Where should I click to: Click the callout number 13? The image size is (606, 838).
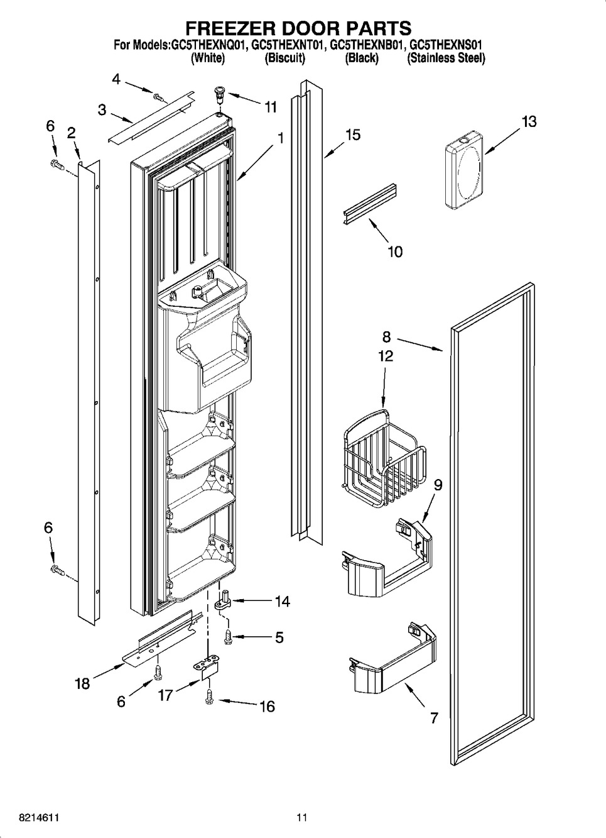[x=529, y=121]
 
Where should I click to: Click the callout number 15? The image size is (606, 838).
[x=353, y=135]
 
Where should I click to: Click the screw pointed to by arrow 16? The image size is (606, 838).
[x=208, y=696]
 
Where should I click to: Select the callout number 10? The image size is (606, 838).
[x=395, y=251]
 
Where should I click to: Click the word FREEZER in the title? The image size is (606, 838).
[x=227, y=28]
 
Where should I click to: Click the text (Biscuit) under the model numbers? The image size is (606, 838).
[x=284, y=58]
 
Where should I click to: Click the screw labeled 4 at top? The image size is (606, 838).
[x=158, y=97]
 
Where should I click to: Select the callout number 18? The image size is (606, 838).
[x=82, y=683]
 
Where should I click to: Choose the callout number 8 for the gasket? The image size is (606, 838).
[x=387, y=337]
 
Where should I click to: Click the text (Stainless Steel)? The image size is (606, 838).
[x=446, y=58]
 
